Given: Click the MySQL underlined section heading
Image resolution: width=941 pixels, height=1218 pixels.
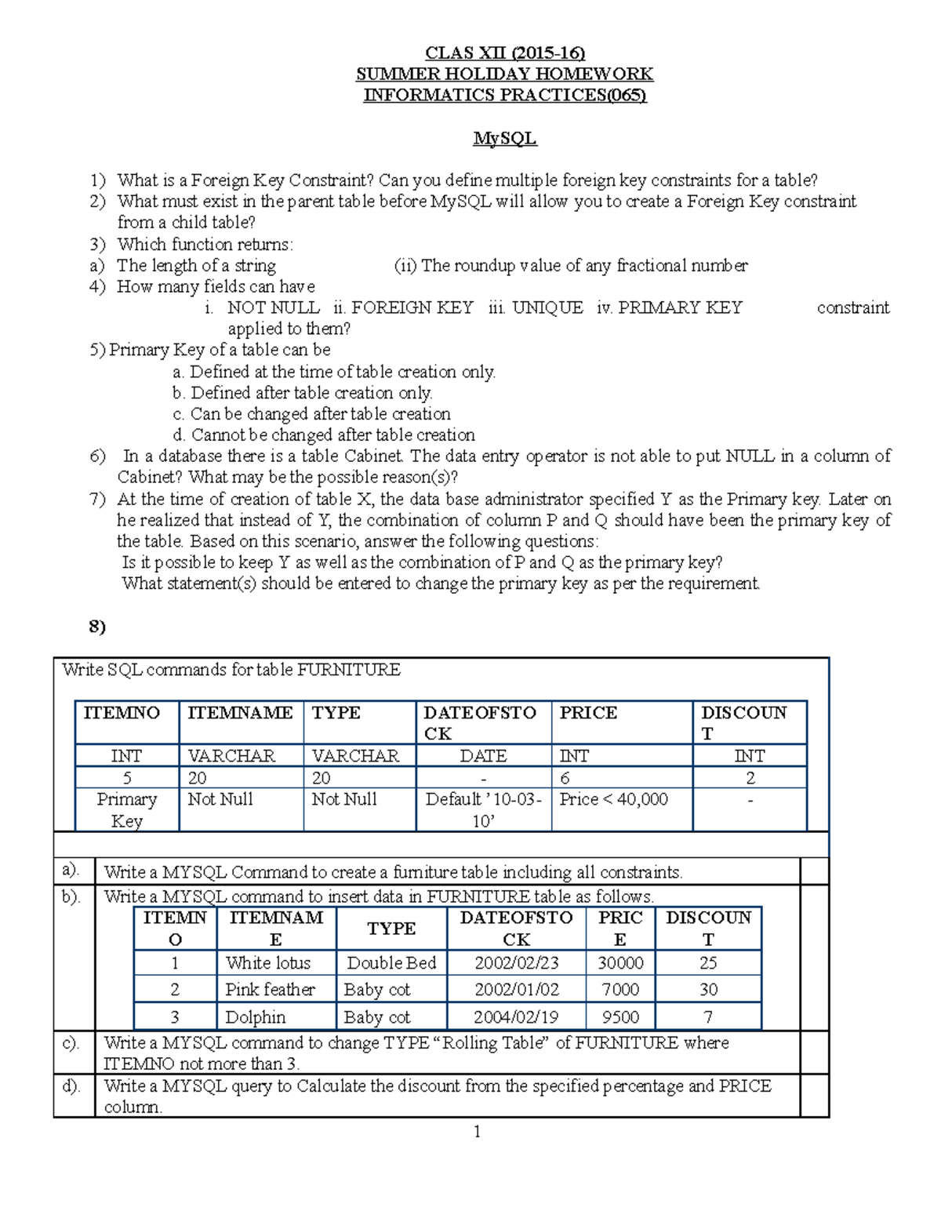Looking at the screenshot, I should [504, 139].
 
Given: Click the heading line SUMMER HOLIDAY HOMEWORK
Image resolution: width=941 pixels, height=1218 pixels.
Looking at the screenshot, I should [504, 75].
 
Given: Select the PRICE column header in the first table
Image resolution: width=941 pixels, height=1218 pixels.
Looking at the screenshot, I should [588, 713].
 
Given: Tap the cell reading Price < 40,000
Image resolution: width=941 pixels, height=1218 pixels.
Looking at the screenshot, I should [613, 799].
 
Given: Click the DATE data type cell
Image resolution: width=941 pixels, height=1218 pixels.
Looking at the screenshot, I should [483, 756].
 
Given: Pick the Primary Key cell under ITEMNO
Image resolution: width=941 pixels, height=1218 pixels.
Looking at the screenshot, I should [127, 810].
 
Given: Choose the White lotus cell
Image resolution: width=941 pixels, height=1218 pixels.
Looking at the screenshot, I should [268, 963].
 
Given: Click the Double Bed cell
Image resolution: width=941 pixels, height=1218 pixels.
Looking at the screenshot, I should [391, 963].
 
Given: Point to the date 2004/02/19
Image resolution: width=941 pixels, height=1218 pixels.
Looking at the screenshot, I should [516, 1017].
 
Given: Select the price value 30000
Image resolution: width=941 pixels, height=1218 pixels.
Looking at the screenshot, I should [620, 963].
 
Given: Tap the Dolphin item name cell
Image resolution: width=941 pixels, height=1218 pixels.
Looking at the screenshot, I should [256, 1017].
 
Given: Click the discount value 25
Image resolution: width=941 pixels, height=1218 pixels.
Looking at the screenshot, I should [708, 963].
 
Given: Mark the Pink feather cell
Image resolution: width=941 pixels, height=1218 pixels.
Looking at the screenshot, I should [270, 990].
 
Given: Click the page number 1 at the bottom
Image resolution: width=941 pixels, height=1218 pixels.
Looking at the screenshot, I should [477, 1132].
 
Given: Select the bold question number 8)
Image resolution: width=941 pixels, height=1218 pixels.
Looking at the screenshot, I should [97, 627].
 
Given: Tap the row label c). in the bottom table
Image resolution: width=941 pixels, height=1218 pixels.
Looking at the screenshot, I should [71, 1043].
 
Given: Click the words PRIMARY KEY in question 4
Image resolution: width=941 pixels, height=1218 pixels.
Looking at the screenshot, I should [680, 308].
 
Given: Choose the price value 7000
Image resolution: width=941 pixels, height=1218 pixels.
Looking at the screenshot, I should [620, 990].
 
